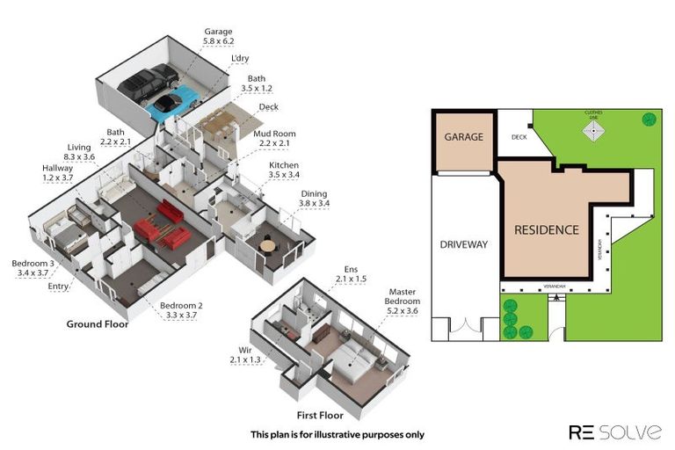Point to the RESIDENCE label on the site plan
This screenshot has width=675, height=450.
coord(546,230)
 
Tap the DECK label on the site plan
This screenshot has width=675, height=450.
coord(519,137)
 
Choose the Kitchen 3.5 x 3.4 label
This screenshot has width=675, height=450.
coord(283,170)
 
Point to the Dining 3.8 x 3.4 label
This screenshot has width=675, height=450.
coord(315,199)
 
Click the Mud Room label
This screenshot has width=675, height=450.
coord(272,138)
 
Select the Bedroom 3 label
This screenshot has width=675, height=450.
coord(33,267)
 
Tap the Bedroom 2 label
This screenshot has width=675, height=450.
coord(181,310)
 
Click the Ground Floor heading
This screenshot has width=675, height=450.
coord(98,324)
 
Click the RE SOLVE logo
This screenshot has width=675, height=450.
coord(614,432)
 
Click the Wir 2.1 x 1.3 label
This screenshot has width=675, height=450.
coord(245,355)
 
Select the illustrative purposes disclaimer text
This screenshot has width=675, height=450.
coord(337,434)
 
